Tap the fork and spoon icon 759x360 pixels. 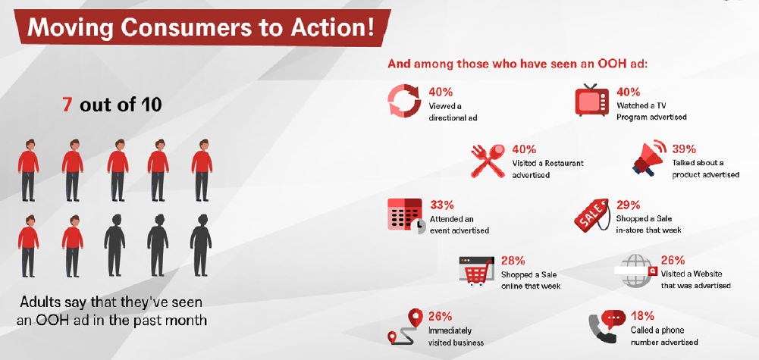point(488,161)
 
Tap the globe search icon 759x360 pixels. point(636,271)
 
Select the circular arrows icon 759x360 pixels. point(403,101)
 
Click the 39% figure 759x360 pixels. point(683,149)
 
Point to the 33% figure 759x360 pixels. point(442,205)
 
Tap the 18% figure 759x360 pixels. point(642,316)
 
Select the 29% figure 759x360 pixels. point(628,205)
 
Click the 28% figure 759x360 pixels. point(513,261)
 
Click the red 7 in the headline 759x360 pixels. point(67,105)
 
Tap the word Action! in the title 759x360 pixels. point(336,28)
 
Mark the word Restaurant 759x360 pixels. point(565,163)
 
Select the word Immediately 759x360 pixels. point(450,331)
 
